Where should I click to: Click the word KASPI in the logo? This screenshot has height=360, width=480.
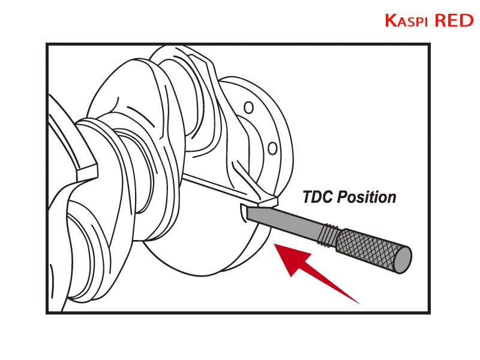tap(406, 20)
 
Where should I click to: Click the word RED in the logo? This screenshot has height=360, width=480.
tap(454, 20)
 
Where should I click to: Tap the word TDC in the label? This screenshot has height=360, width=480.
tap(318, 197)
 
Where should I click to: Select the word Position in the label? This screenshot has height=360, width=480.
tap(367, 197)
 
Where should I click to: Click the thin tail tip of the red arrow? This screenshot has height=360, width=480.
tap(359, 304)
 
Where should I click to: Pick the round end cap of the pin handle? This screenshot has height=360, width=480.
tap(403, 260)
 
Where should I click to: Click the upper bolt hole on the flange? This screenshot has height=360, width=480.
tap(248, 108)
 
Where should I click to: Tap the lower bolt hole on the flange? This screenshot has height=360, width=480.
tap(272, 148)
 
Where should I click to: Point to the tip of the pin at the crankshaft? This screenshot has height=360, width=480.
tap(248, 213)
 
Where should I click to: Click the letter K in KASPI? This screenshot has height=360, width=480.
tap(391, 20)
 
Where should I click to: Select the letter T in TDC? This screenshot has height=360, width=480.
tap(308, 197)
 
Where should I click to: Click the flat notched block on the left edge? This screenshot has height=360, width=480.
tap(87, 172)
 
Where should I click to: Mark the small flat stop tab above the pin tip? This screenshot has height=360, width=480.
tap(267, 202)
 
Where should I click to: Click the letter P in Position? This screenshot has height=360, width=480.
tap(343, 197)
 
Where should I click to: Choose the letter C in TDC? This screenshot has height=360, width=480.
tap(328, 197)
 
